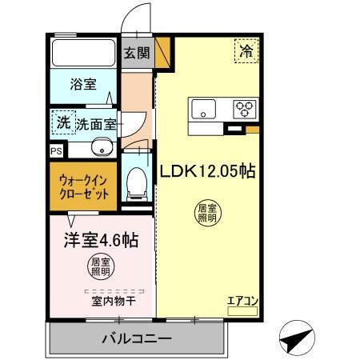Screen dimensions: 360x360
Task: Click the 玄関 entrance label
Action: [137, 54]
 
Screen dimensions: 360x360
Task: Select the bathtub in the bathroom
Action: [83, 54]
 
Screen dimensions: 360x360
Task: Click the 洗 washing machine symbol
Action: [62, 122]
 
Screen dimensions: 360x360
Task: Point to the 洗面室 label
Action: [97, 124]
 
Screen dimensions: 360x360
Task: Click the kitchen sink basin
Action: [202, 110]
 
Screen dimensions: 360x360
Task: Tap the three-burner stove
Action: [244, 109]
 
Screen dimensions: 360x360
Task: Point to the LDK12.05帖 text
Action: [207, 171]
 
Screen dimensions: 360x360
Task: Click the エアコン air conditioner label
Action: [242, 301]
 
